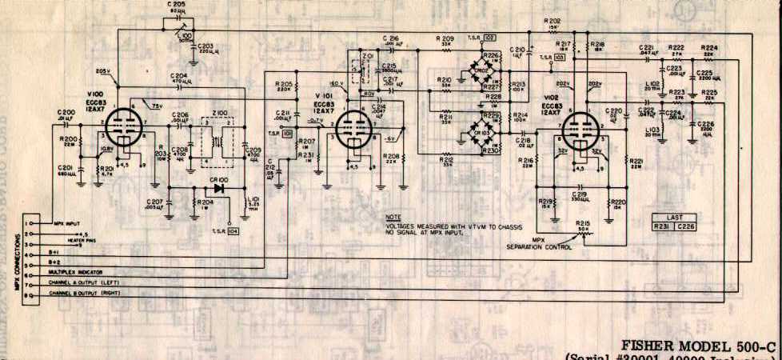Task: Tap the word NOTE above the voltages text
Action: coord(393,217)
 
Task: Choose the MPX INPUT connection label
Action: coord(70,223)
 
